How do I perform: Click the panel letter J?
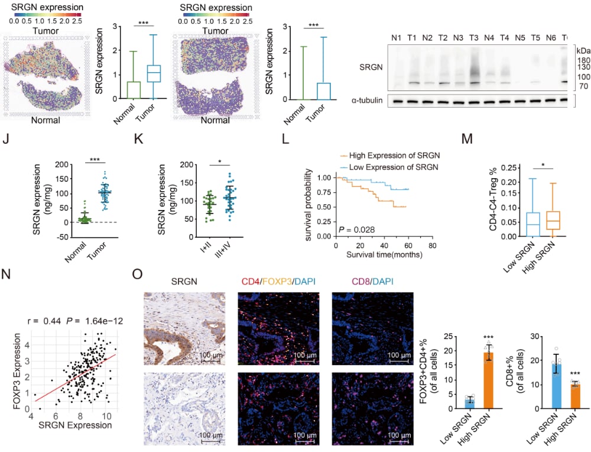8,142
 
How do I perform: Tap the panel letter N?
8,276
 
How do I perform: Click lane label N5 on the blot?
519,38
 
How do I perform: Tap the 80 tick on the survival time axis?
433,245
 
